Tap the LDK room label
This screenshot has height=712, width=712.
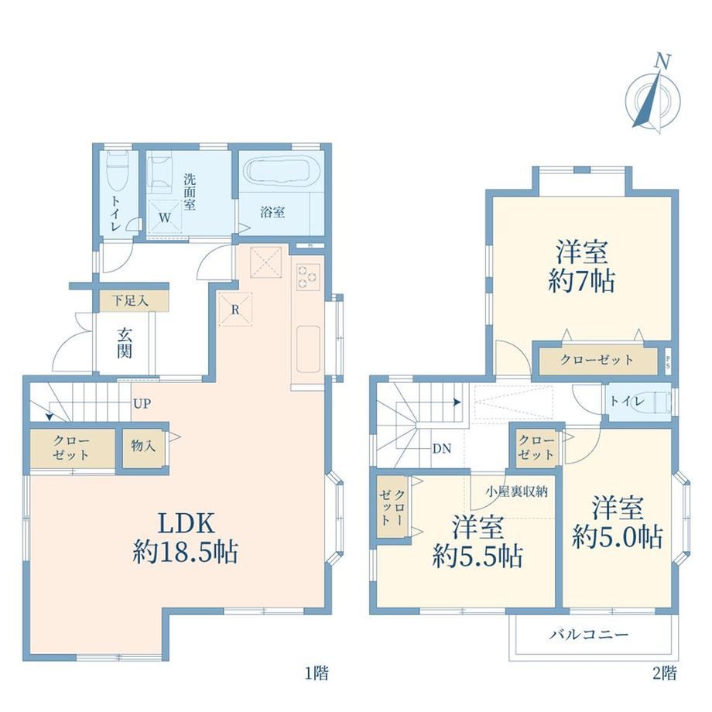click(186, 523)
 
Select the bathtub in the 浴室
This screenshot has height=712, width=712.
click(282, 172)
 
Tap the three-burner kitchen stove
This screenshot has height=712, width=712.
click(308, 277)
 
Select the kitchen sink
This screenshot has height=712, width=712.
click(308, 349)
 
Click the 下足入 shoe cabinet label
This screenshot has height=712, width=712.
click(130, 300)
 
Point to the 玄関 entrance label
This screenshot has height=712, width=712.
click(125, 343)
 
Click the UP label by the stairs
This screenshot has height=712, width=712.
click(142, 403)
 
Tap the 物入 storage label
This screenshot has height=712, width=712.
click(143, 446)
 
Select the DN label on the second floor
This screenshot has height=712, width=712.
click(442, 449)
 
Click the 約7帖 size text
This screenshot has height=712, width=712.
click(582, 282)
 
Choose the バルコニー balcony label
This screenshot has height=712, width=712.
click(589, 635)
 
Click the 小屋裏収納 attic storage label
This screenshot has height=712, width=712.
click(517, 491)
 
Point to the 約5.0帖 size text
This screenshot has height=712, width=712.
click(618, 537)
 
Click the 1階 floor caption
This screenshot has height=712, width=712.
click(317, 673)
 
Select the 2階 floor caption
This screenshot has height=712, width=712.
click(665, 673)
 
